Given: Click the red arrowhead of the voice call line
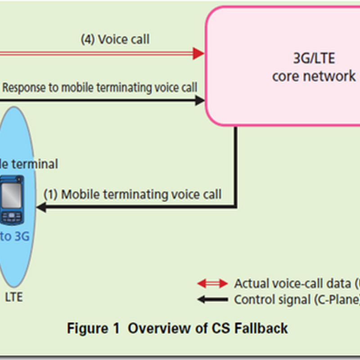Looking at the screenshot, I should (x=198, y=54).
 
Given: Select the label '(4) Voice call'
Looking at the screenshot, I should (x=115, y=40).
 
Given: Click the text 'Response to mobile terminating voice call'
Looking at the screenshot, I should (x=99, y=87).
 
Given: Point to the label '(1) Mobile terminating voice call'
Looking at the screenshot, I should (x=132, y=194).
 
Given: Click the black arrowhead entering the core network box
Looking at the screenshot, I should (x=200, y=101).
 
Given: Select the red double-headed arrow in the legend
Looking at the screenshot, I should (x=212, y=283).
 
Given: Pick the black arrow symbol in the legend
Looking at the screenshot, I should (x=212, y=299).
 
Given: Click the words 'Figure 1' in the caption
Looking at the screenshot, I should (x=93, y=328).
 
